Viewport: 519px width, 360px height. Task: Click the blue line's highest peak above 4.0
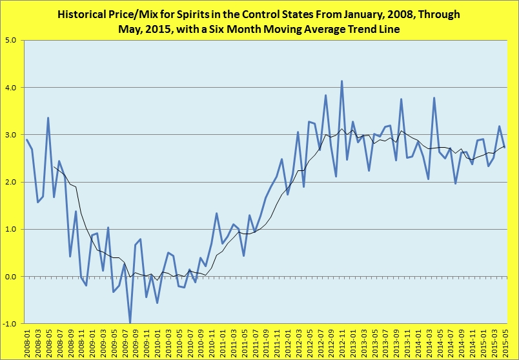341,81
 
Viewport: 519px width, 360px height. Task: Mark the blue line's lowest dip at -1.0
130,323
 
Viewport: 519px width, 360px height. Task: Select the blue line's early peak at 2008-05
48,118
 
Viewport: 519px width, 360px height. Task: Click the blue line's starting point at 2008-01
27,139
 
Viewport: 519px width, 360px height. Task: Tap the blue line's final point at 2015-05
505,147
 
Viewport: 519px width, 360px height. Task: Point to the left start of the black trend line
54,167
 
